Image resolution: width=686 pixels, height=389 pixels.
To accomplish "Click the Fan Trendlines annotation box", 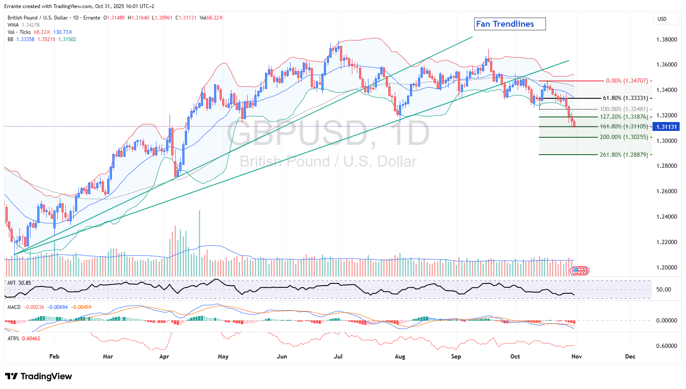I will point(509,24).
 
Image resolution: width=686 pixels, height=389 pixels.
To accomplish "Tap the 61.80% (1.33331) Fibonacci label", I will point(625,98).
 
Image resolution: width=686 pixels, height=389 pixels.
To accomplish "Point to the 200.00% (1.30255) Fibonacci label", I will point(624,137).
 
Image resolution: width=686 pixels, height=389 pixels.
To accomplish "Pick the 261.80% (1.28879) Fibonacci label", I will point(624,155).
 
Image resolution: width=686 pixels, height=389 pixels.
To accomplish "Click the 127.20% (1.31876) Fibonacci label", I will point(624,117).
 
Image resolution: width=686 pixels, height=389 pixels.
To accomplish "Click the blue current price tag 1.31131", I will point(667,127).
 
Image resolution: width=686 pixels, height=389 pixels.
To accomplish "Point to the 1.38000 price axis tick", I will point(666,39).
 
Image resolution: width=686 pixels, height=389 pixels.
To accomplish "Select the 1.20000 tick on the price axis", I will point(666,267).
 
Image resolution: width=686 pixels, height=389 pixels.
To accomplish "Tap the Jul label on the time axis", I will point(338,356).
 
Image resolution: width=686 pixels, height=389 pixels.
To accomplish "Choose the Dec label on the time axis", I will point(630,356).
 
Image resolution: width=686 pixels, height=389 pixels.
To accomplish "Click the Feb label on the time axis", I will point(54,356).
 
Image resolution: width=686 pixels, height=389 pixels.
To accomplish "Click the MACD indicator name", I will point(14,307).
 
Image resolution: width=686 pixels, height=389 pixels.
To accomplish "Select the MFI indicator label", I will point(11,283).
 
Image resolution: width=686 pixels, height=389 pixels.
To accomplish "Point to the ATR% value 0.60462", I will point(31,339).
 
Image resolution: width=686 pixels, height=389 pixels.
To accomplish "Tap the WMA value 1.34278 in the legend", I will point(31,25).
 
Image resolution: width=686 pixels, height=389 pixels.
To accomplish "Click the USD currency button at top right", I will point(662,19).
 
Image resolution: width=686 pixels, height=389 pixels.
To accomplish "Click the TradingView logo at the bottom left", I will point(38,376).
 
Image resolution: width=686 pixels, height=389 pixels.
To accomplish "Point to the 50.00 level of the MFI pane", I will point(664,290).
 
